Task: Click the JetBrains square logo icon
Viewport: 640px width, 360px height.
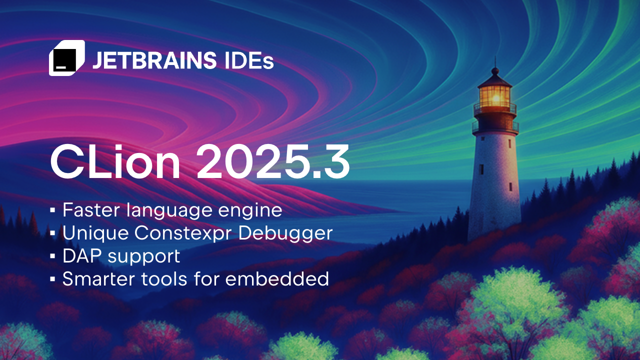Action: [66, 58]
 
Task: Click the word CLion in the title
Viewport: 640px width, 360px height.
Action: [115, 162]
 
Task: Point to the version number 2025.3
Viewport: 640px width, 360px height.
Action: [272, 162]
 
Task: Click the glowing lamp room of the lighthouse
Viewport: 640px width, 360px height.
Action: [494, 94]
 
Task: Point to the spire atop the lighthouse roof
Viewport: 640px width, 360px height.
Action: [495, 64]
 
